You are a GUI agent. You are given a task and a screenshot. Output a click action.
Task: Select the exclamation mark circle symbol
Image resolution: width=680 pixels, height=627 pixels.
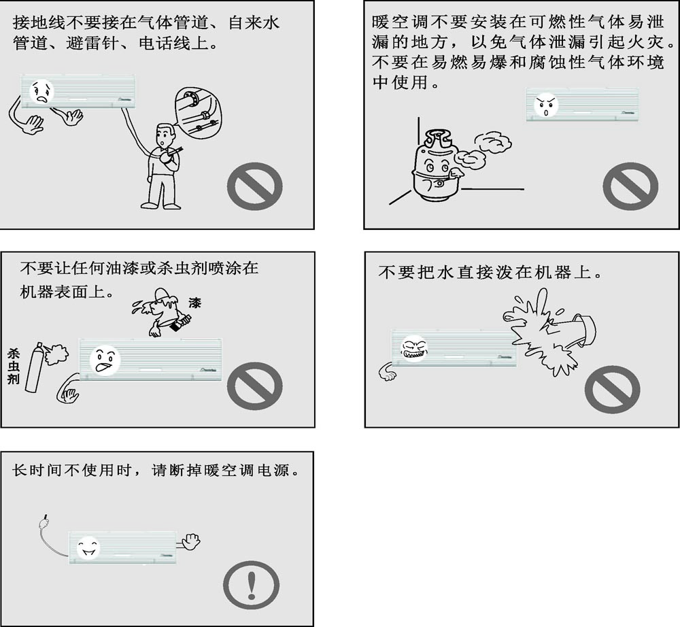[x=252, y=583]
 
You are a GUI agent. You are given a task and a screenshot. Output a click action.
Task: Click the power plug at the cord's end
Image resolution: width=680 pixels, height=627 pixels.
[x=41, y=522]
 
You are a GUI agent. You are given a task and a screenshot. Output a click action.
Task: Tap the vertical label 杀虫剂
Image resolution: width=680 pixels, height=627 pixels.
[x=13, y=367]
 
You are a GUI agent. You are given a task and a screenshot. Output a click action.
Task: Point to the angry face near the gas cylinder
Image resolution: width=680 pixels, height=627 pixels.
[x=547, y=105]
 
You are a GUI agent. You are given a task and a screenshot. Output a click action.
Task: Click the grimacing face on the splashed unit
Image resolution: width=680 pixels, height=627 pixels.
[x=415, y=350]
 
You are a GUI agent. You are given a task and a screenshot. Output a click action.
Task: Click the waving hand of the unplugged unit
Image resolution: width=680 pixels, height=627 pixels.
[x=190, y=541]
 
